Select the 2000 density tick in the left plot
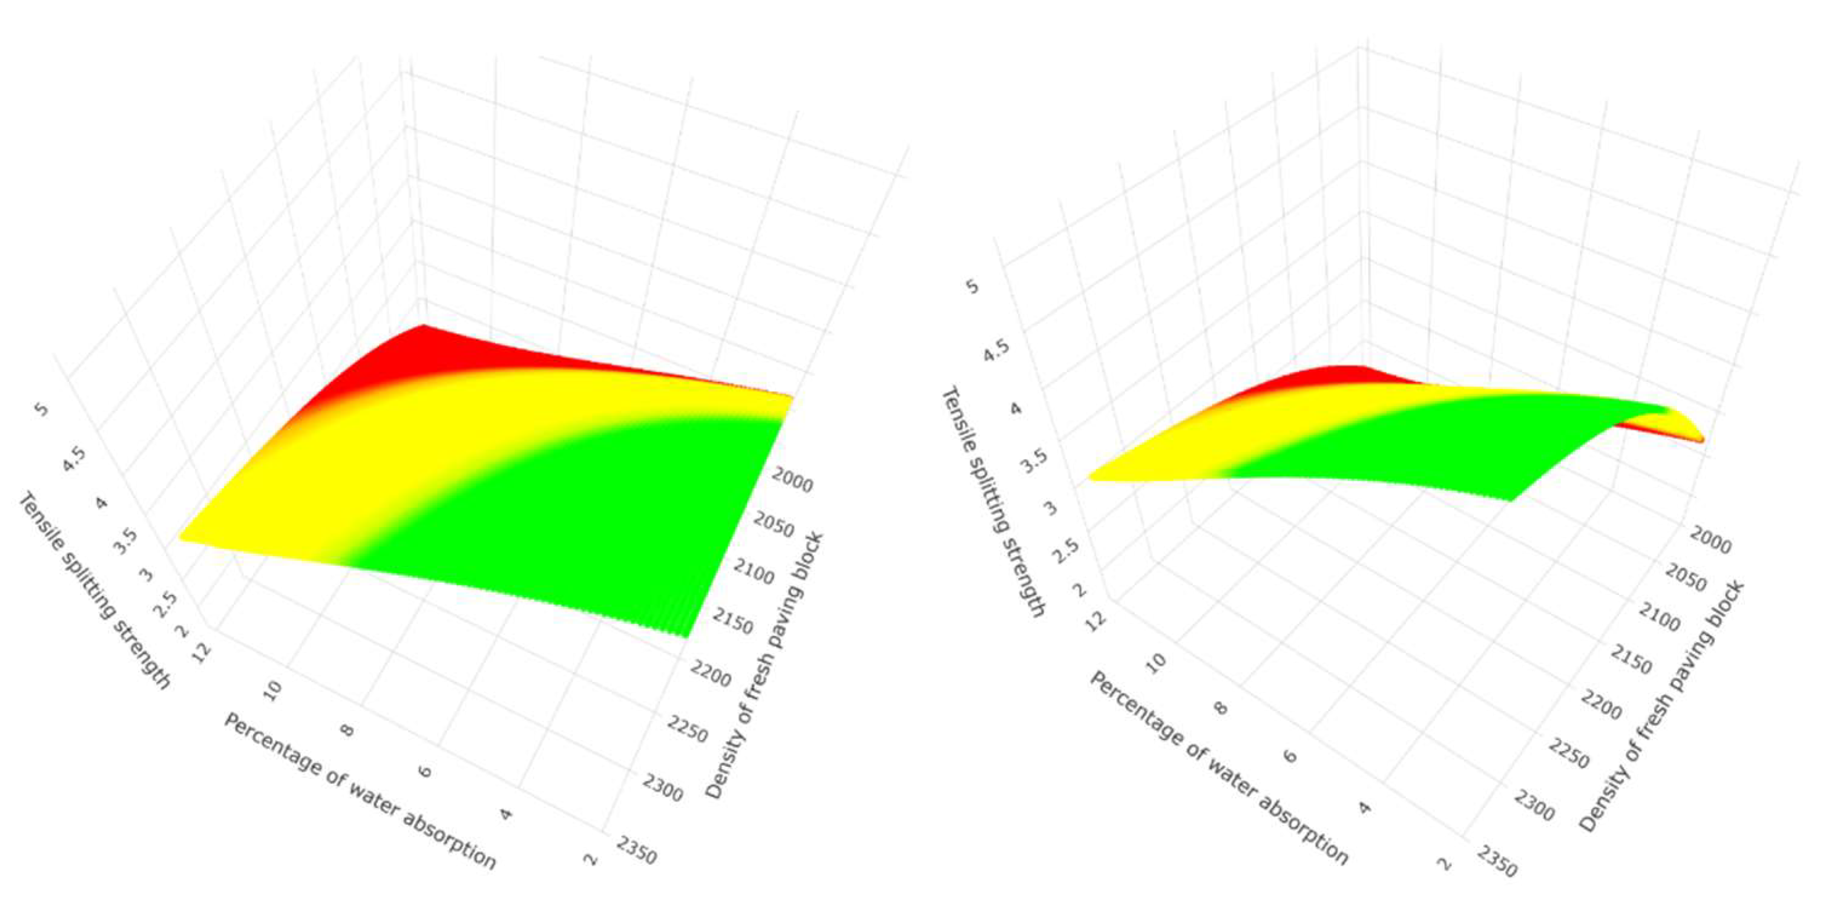793,484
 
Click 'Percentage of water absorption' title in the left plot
360,790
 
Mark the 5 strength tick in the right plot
972,286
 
